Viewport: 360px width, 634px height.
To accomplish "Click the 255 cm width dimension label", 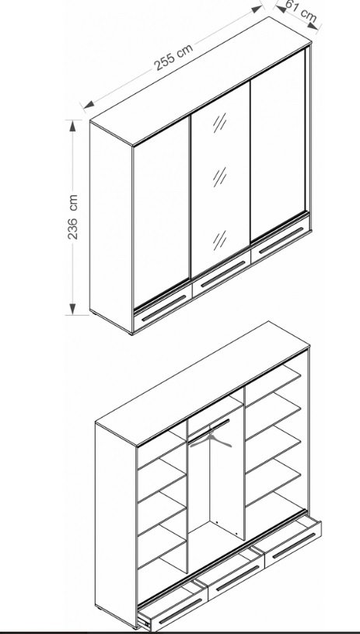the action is click(x=173, y=57).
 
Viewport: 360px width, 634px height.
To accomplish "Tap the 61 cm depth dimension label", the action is click(x=302, y=11).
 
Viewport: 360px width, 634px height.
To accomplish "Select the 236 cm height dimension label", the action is click(x=73, y=217).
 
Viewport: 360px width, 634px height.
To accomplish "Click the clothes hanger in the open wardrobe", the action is click(x=211, y=438).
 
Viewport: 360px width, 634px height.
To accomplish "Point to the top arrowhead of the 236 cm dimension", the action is click(x=73, y=126).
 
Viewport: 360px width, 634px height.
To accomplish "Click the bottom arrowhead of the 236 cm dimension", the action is click(x=73, y=309).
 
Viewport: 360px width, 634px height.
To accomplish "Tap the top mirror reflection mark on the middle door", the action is click(x=220, y=122).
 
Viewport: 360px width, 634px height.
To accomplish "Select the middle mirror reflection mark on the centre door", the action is click(x=220, y=177).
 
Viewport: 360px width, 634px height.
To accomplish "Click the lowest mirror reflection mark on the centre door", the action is click(x=220, y=240).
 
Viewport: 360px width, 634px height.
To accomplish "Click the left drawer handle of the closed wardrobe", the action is click(x=163, y=308).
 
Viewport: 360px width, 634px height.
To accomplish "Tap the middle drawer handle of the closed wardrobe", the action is click(x=222, y=274).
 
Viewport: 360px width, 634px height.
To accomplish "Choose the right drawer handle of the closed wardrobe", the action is click(x=281, y=240).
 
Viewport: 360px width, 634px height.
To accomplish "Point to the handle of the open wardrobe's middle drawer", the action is click(x=237, y=578).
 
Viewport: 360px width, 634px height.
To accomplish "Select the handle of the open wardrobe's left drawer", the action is click(x=180, y=611).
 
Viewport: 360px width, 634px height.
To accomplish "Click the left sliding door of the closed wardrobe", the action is click(x=162, y=212).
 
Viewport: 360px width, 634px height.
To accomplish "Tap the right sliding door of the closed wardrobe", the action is click(x=278, y=145).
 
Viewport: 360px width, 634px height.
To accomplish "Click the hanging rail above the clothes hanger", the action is click(x=209, y=429).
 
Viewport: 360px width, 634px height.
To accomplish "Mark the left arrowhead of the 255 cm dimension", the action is click(x=89, y=105).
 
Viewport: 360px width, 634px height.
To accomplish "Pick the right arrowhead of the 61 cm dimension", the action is click(x=313, y=26).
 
